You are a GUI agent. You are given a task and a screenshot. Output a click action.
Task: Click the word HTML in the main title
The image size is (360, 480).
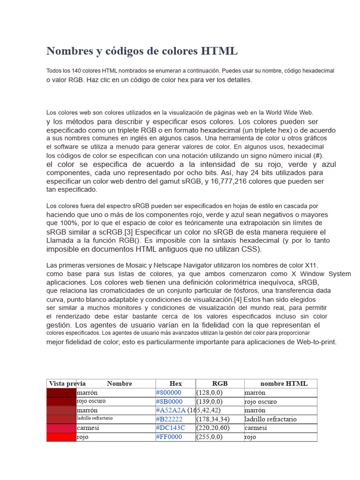pyautogui.click(x=220, y=51)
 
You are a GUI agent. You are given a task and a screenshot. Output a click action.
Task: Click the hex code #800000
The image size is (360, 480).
pyautogui.click(x=169, y=392)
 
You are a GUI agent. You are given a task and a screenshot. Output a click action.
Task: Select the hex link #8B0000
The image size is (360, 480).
pyautogui.click(x=169, y=401)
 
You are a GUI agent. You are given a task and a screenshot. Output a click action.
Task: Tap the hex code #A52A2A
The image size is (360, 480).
pyautogui.click(x=171, y=410)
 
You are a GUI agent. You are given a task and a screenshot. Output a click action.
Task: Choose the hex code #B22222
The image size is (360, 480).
pyautogui.click(x=170, y=419)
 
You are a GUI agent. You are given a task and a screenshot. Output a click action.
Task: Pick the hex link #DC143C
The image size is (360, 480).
pyautogui.click(x=171, y=428)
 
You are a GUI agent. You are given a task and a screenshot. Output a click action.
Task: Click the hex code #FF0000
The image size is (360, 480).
pyautogui.click(x=169, y=437)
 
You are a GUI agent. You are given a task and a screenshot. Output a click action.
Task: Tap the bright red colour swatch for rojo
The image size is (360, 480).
pyautogui.click(x=61, y=437)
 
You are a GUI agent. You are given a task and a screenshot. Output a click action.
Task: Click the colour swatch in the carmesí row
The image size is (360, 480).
pyautogui.click(x=61, y=428)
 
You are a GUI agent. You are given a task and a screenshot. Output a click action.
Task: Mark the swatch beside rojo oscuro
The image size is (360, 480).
pyautogui.click(x=61, y=401)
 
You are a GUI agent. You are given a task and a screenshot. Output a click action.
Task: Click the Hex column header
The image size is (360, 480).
pyautogui.click(x=175, y=383)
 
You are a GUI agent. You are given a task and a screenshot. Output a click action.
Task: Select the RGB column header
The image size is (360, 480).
pyautogui.click(x=219, y=383)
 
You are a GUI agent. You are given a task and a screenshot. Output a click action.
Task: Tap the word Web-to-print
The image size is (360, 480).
pyautogui.click(x=316, y=342)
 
